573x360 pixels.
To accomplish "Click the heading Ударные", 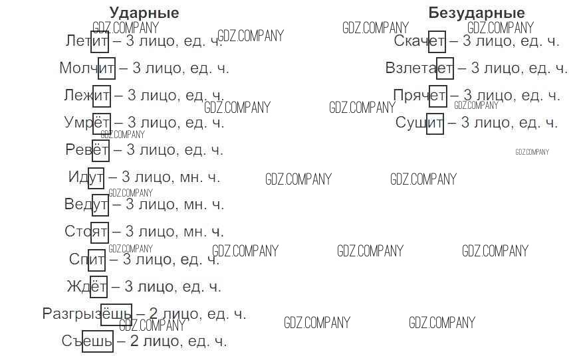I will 144,13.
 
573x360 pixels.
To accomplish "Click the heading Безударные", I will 476,13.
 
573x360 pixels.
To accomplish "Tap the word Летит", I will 87,41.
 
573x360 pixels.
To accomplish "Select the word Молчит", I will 87,68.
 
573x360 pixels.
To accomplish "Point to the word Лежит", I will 87,95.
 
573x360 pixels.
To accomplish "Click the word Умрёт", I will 87,122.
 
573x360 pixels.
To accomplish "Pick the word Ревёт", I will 87,149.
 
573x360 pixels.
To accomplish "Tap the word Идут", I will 86,177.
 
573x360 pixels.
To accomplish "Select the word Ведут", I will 86,205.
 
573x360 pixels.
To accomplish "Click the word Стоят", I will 86,232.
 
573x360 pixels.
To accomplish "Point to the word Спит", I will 88,259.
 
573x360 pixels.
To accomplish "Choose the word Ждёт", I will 87,287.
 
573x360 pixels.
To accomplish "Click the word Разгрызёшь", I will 87,314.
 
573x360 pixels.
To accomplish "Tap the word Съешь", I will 87,341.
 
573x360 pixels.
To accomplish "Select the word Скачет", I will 419,41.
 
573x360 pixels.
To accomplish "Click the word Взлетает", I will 419,68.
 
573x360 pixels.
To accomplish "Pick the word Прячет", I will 419,95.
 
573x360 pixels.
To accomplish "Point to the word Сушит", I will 419,122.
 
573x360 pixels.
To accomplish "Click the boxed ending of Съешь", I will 98,341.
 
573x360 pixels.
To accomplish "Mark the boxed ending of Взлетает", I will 445,68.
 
